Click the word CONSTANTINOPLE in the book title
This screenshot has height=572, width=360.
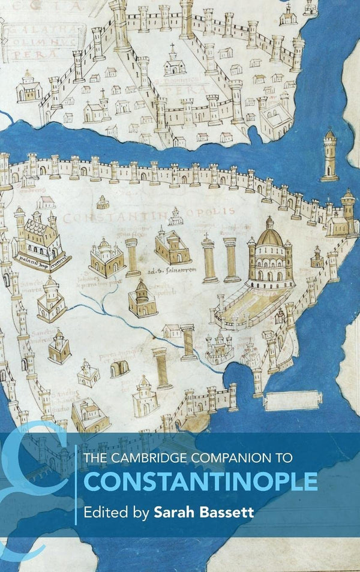coord(200,481)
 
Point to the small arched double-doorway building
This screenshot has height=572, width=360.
coord(119,369)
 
